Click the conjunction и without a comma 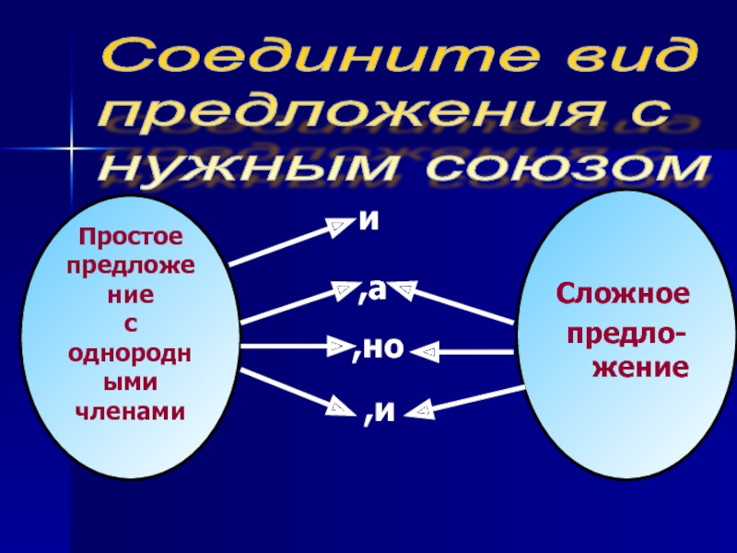[369, 219]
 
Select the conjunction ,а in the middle [373, 292]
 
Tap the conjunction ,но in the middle [379, 348]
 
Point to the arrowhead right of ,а [406, 290]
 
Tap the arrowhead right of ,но [427, 351]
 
